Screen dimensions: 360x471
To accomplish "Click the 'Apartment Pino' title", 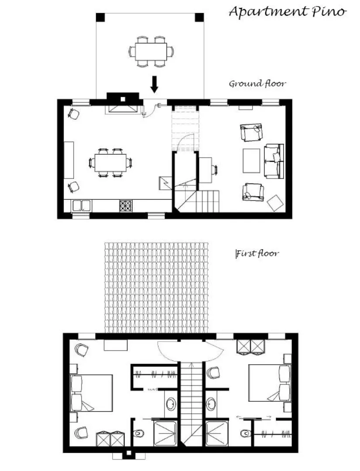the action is click(x=288, y=13).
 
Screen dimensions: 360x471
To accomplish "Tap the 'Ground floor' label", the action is click(x=257, y=83).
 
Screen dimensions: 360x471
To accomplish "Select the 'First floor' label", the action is click(x=257, y=253).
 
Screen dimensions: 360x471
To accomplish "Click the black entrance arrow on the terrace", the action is click(x=154, y=84).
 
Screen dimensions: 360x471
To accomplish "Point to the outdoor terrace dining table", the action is click(x=151, y=51).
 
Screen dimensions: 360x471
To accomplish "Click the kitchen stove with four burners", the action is click(x=126, y=206).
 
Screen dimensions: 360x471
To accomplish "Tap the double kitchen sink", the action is click(x=81, y=206).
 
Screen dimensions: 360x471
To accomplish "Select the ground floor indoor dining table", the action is click(x=110, y=163).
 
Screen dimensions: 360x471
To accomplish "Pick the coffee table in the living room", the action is click(x=251, y=160).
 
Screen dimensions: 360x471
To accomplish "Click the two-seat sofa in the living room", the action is click(x=274, y=161).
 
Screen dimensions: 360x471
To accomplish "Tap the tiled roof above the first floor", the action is click(x=156, y=287).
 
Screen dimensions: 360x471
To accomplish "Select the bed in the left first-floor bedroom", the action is click(x=91, y=393).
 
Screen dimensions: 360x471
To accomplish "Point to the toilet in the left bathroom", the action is click(x=138, y=433).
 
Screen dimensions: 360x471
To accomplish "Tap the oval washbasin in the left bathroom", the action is click(x=171, y=403).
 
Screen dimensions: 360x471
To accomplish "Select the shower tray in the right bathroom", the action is click(x=217, y=433).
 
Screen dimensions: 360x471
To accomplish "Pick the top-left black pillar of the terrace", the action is click(x=100, y=17).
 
